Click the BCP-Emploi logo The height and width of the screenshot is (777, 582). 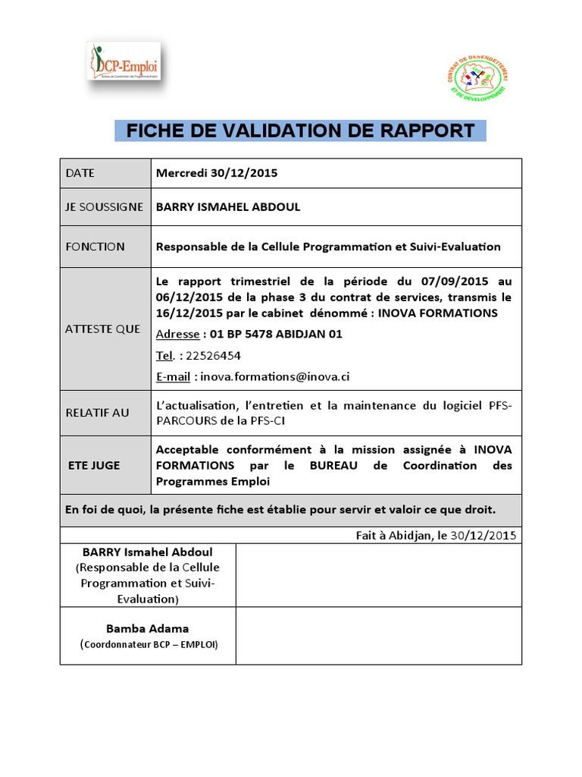click(125, 61)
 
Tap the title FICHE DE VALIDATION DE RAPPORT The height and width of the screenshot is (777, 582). click(300, 130)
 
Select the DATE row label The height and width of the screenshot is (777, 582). click(80, 173)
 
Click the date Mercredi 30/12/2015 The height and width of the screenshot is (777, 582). click(217, 173)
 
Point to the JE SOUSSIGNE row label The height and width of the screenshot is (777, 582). click(104, 207)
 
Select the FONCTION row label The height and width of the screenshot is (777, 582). click(95, 247)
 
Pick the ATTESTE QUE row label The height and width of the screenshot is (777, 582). click(103, 329)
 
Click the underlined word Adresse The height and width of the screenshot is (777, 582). click(177, 335)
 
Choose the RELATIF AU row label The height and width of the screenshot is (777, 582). click(98, 413)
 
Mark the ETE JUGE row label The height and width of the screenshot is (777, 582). click(93, 465)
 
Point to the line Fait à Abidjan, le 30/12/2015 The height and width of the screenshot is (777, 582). click(436, 535)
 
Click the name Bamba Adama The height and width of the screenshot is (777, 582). click(148, 628)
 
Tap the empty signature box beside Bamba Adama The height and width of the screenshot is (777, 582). click(378, 636)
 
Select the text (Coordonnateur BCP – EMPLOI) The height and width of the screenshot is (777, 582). click(149, 644)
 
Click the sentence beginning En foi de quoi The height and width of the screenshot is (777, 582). click(280, 509)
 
